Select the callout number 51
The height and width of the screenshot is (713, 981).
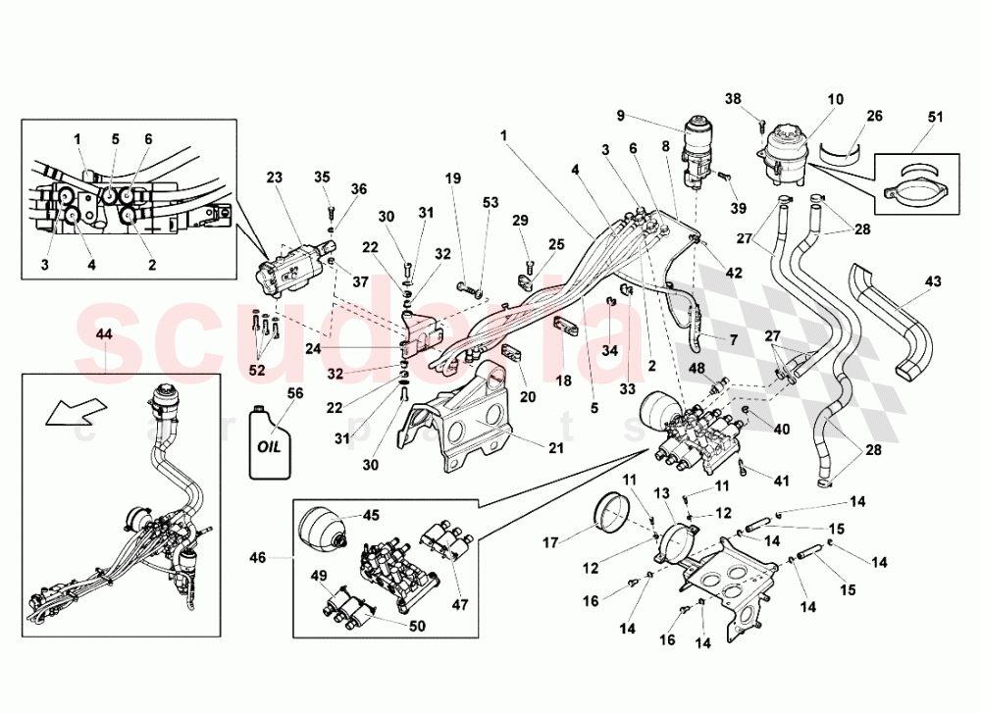click(935, 119)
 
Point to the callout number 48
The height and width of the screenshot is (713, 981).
click(697, 368)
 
